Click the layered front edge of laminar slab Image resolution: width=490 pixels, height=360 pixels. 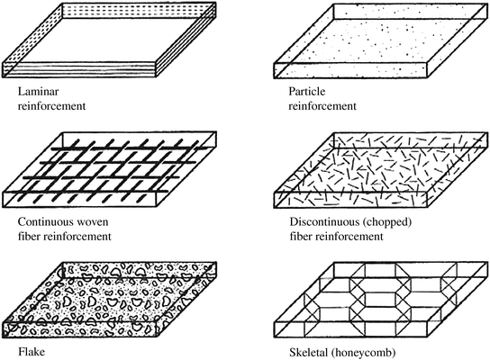pos(72,71)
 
